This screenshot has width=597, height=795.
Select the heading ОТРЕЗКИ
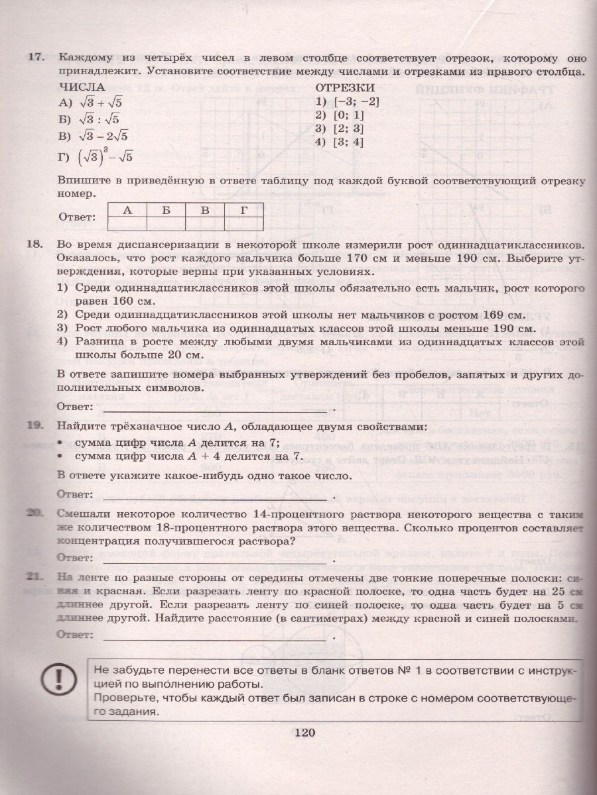[344, 87]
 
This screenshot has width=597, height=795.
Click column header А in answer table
[126, 211]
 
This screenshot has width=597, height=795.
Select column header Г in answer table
[244, 211]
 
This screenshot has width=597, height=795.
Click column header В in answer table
[205, 211]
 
